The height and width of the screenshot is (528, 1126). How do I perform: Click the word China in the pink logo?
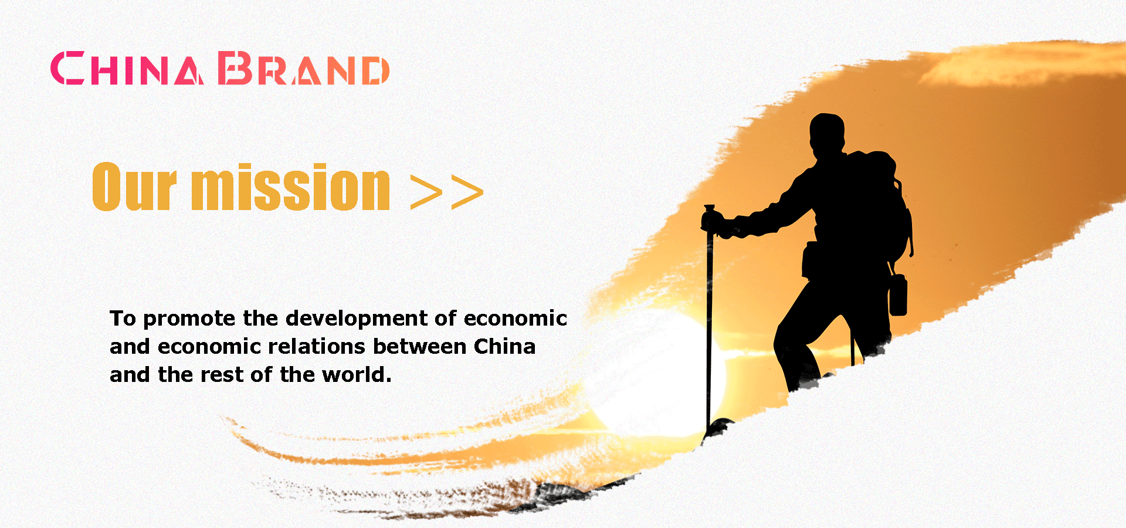tap(127, 68)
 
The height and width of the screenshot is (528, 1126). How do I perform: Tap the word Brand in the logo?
tap(304, 68)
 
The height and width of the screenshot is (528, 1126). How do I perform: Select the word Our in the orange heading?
tap(134, 187)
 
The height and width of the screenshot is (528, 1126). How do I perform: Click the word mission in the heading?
tap(291, 187)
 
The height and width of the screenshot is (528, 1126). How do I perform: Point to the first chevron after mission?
tap(426, 192)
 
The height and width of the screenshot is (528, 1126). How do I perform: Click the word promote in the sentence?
tap(189, 319)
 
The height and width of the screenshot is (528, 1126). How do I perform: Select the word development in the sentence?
tap(357, 319)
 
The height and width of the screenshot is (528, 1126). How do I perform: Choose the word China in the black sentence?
tap(504, 347)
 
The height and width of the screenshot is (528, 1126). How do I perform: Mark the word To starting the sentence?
tap(123, 319)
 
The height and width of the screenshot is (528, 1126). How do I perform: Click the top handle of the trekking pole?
tap(710, 209)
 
